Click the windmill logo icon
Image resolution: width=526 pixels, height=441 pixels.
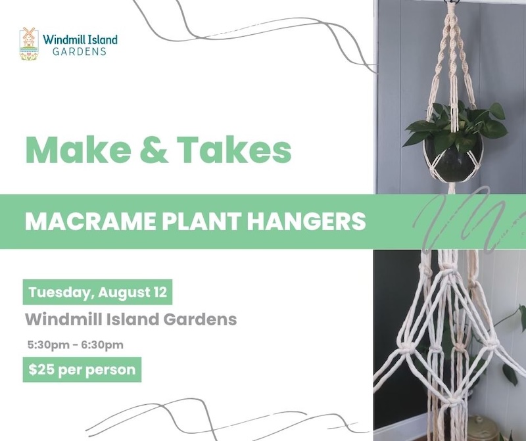tap(29, 43)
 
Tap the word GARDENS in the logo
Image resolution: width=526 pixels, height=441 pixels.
tap(80, 52)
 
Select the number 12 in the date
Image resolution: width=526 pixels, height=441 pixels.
tap(158, 292)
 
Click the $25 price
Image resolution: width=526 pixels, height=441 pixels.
tap(41, 369)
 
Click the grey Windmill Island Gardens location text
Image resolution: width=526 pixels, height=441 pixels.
tap(130, 320)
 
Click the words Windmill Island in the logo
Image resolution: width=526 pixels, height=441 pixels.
tap(80, 39)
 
